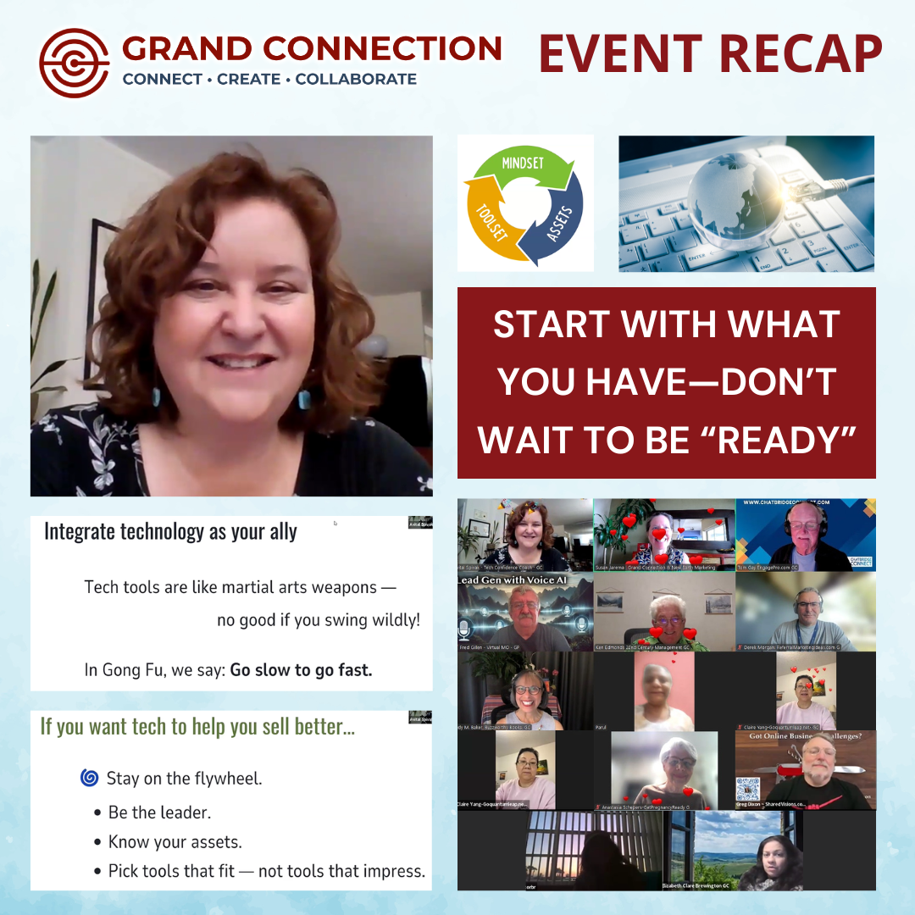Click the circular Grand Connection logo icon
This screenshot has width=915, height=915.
(75, 64)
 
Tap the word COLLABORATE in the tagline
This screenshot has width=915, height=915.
(356, 80)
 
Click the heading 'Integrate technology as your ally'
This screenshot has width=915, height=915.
(170, 531)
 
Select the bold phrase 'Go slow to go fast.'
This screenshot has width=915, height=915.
(301, 669)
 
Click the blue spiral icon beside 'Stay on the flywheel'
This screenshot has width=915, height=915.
(89, 778)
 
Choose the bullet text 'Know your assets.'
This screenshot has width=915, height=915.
(175, 841)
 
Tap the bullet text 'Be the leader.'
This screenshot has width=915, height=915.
(159, 812)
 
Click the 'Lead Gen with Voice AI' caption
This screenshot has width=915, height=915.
(513, 580)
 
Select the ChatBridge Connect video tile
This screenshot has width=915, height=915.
(806, 534)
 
